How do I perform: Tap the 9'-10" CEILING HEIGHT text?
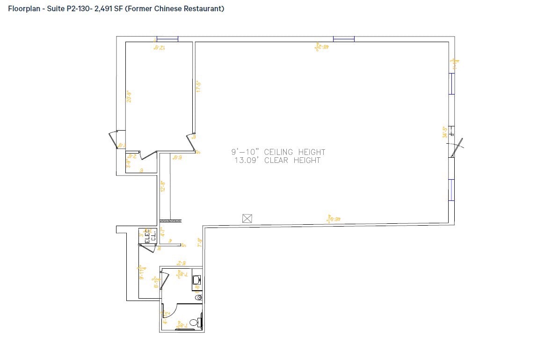coord(278,152)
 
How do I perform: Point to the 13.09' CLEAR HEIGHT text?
coord(278,161)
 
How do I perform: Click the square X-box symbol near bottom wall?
coord(247,218)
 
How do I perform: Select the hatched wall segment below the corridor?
coord(170,220)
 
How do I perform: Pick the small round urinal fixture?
coord(198,297)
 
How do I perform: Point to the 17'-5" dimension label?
coord(198,86)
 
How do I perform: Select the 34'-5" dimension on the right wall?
coord(445,132)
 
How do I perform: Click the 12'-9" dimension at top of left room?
coord(159,47)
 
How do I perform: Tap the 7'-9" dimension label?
coord(199,242)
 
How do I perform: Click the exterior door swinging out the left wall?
coord(113,140)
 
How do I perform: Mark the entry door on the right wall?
coord(456,147)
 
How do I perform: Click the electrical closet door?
coord(149,248)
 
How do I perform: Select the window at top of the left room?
coord(167,39)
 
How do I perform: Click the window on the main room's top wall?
coord(343,39)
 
